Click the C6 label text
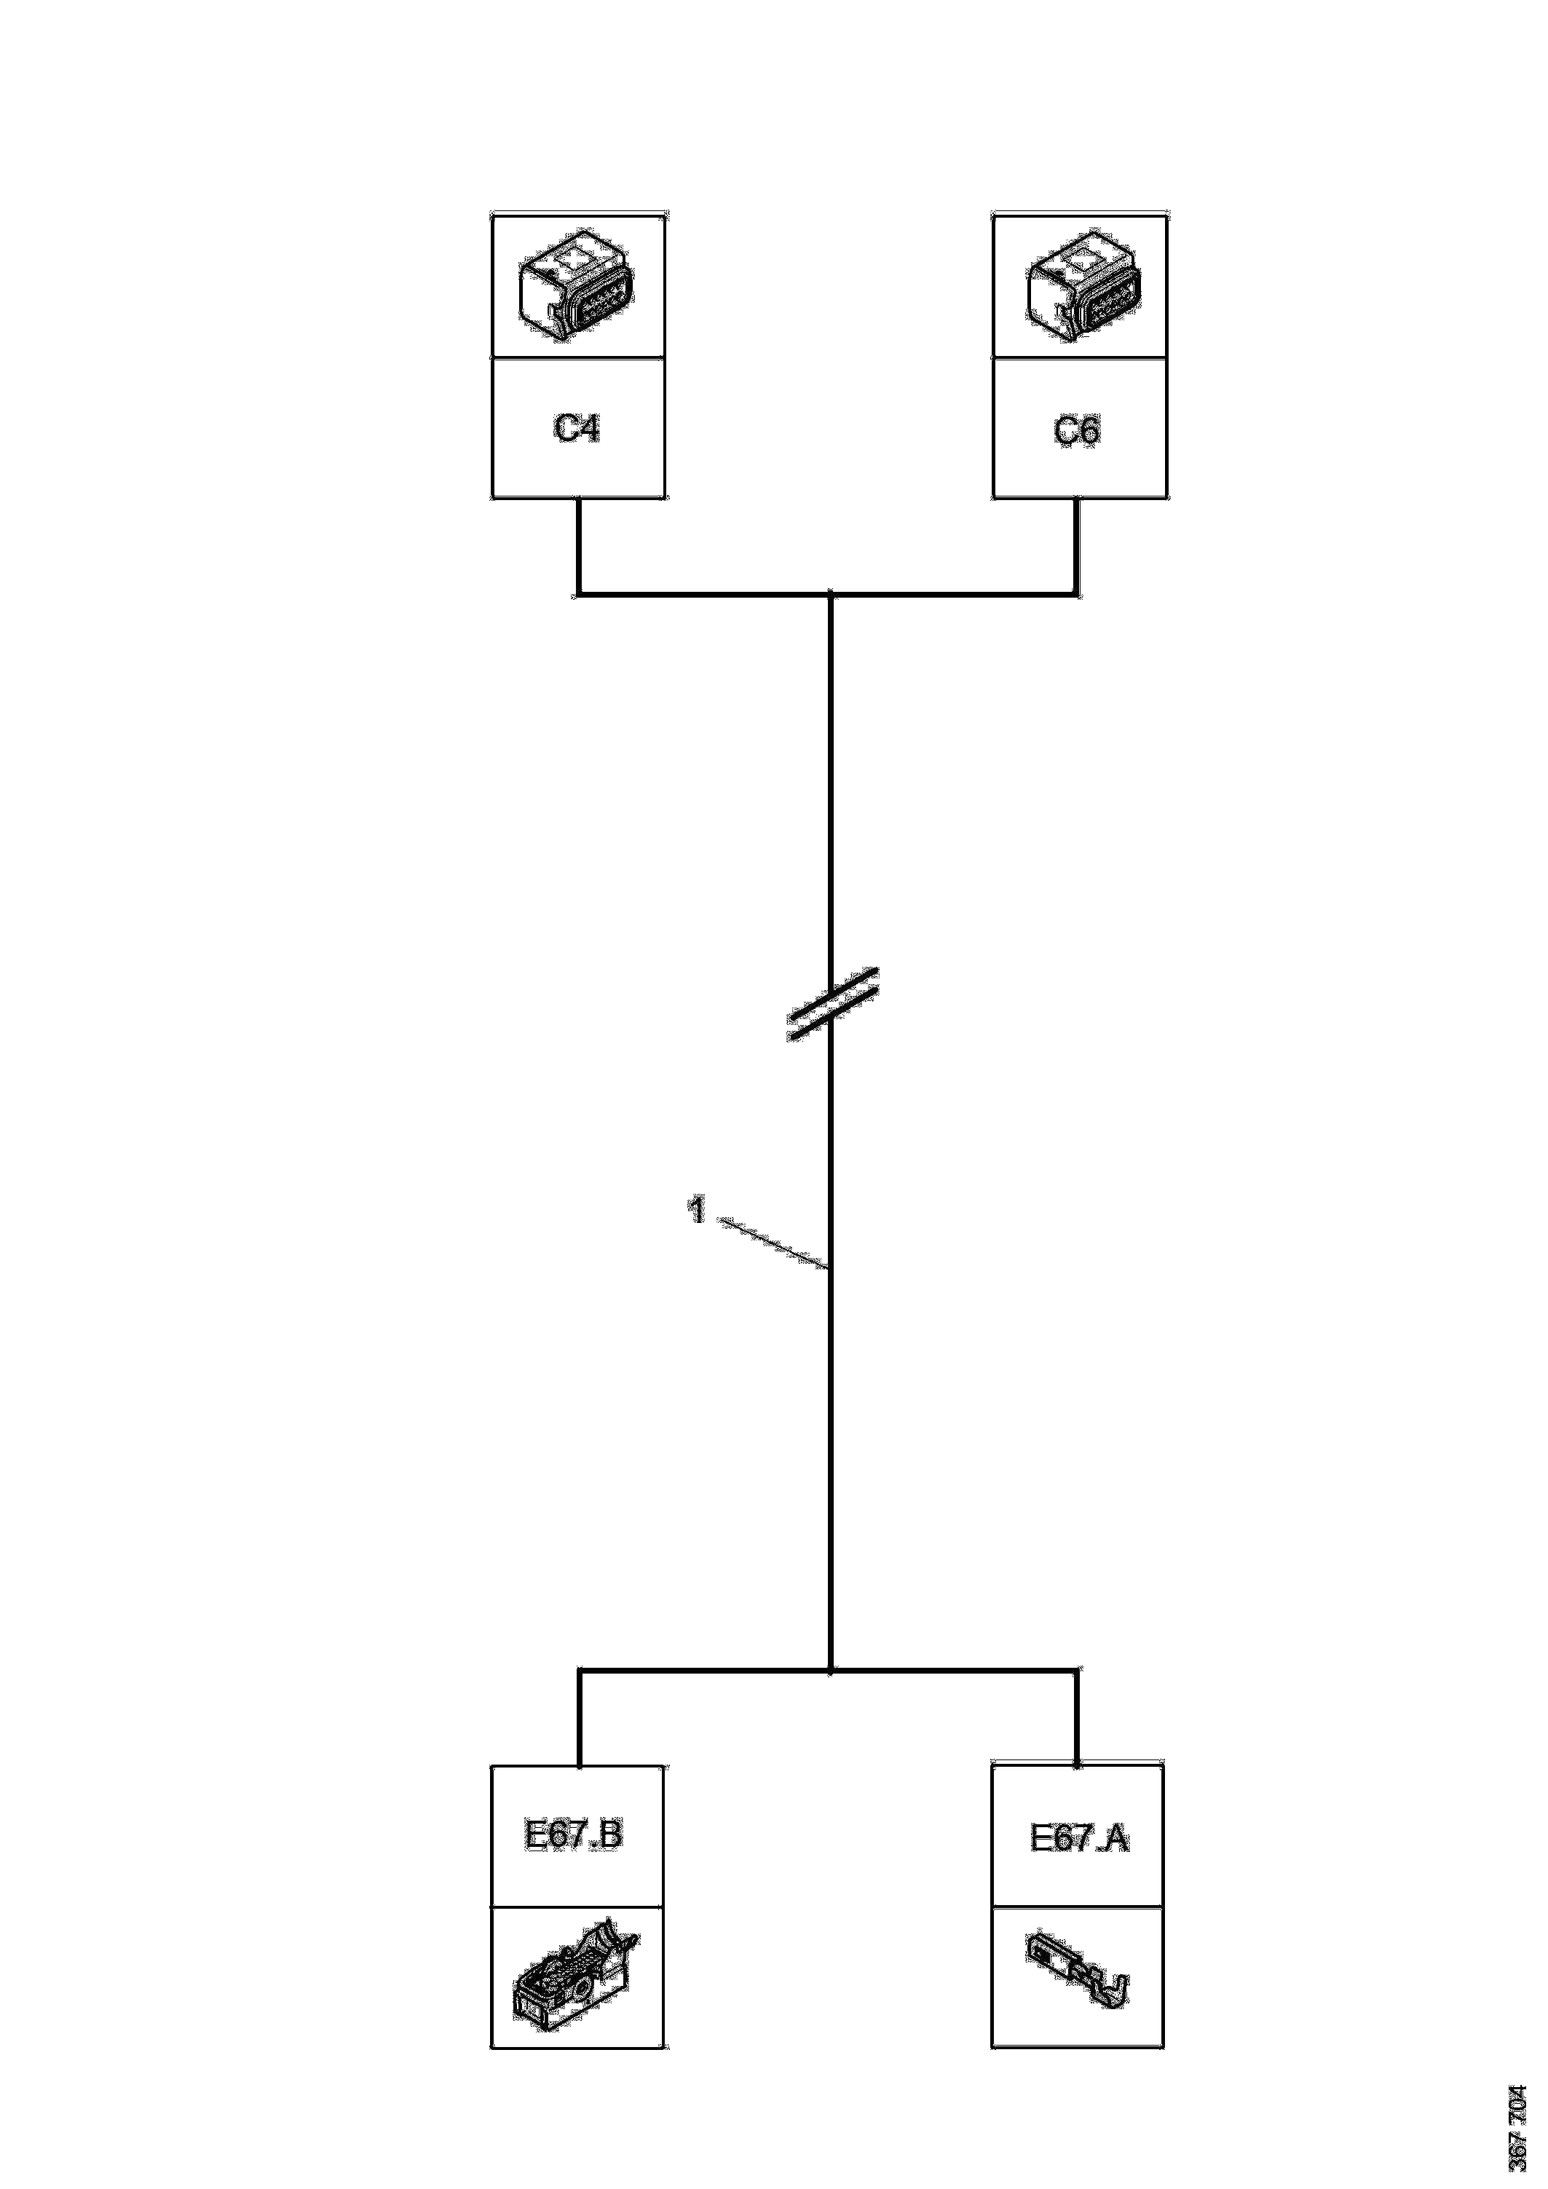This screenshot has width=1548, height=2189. click(1077, 431)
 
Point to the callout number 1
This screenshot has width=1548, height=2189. click(698, 1211)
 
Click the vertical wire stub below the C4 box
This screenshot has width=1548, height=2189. click(578, 545)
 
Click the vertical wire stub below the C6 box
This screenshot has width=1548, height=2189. click(1078, 545)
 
